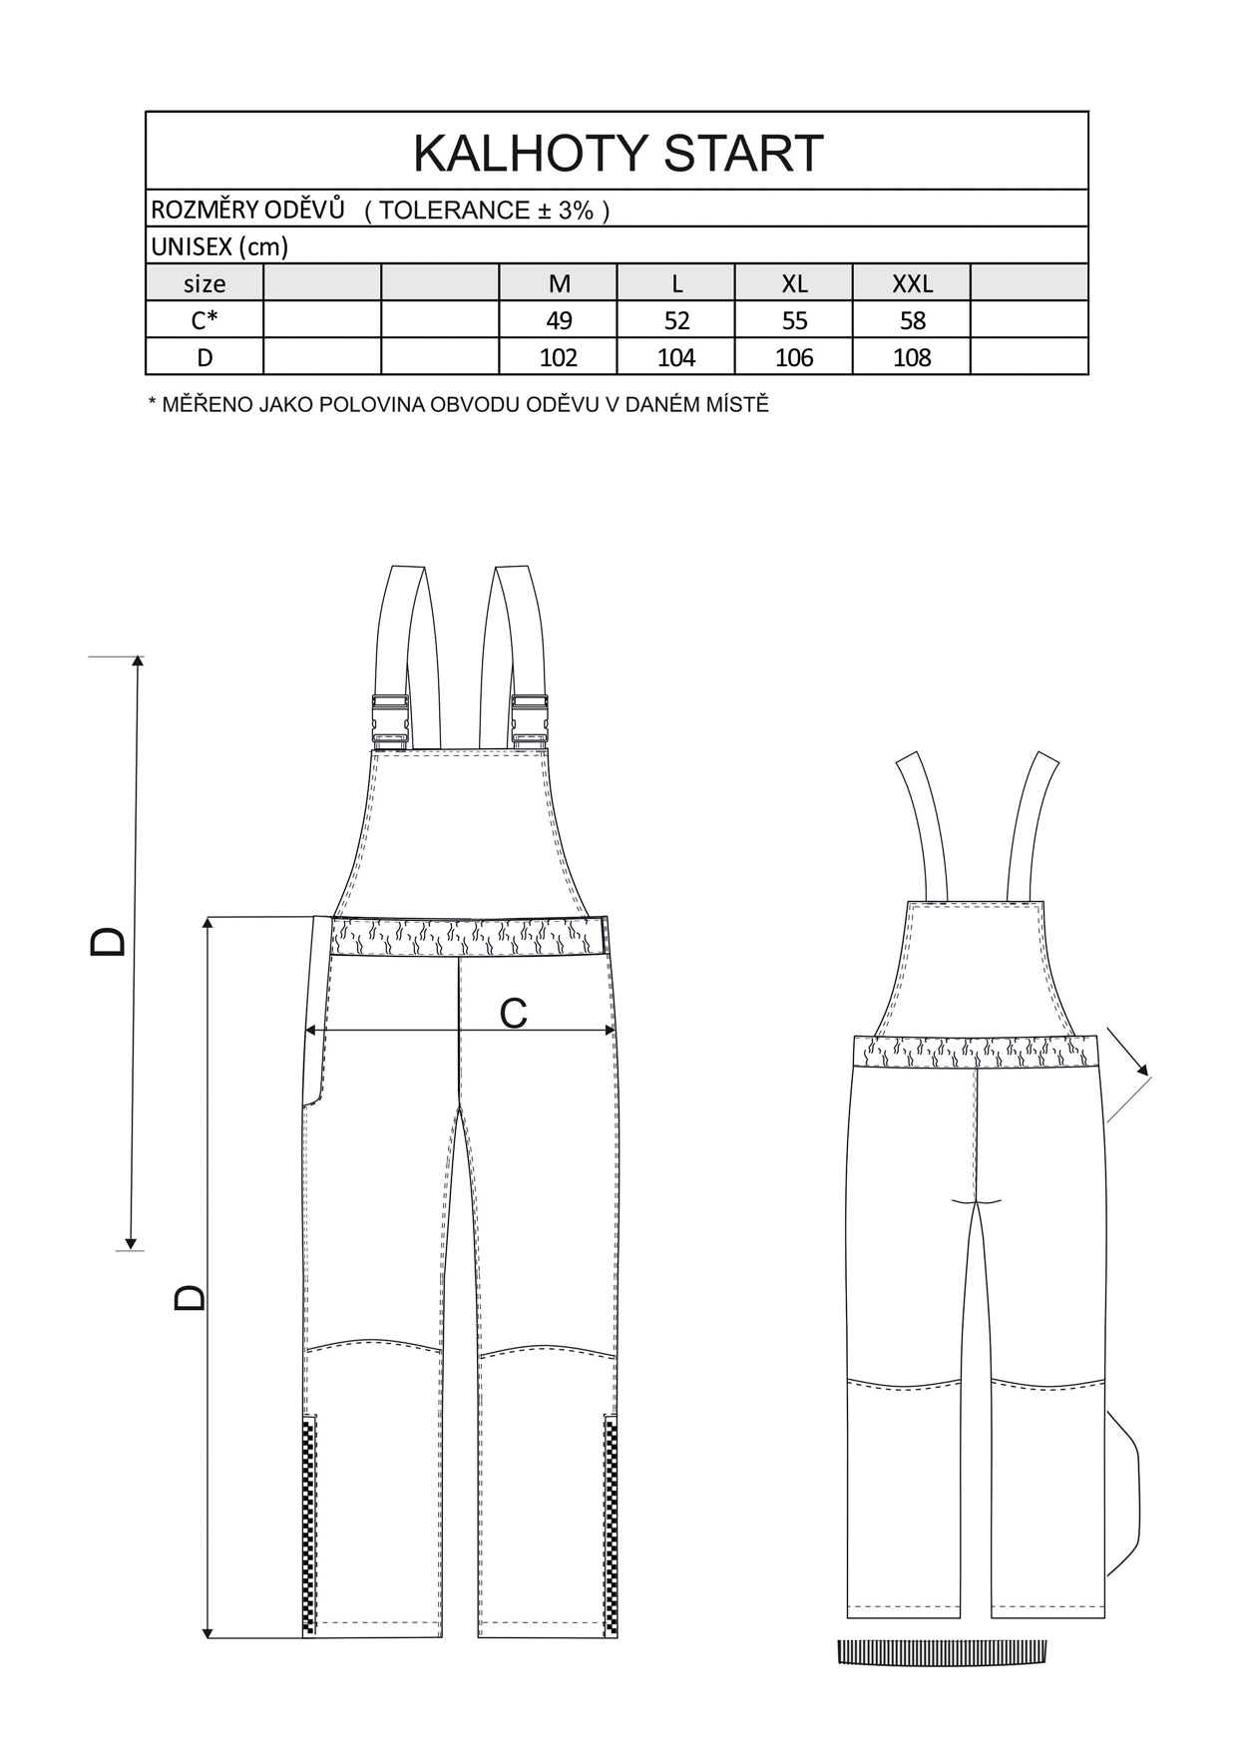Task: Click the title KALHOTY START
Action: coord(618,153)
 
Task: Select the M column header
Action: coord(559,283)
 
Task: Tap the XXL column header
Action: coord(912,283)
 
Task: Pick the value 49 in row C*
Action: coord(559,320)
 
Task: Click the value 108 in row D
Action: coord(912,357)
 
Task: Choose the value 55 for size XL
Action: coord(794,320)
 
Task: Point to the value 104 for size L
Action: coord(676,357)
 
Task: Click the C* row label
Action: coord(205,320)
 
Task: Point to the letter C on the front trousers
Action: coord(513,1014)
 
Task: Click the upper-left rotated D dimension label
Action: coord(108,941)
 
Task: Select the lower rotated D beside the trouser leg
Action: coord(189,1296)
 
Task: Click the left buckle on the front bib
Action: coord(389,718)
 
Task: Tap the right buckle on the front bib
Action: coord(529,718)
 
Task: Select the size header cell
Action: coord(205,283)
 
